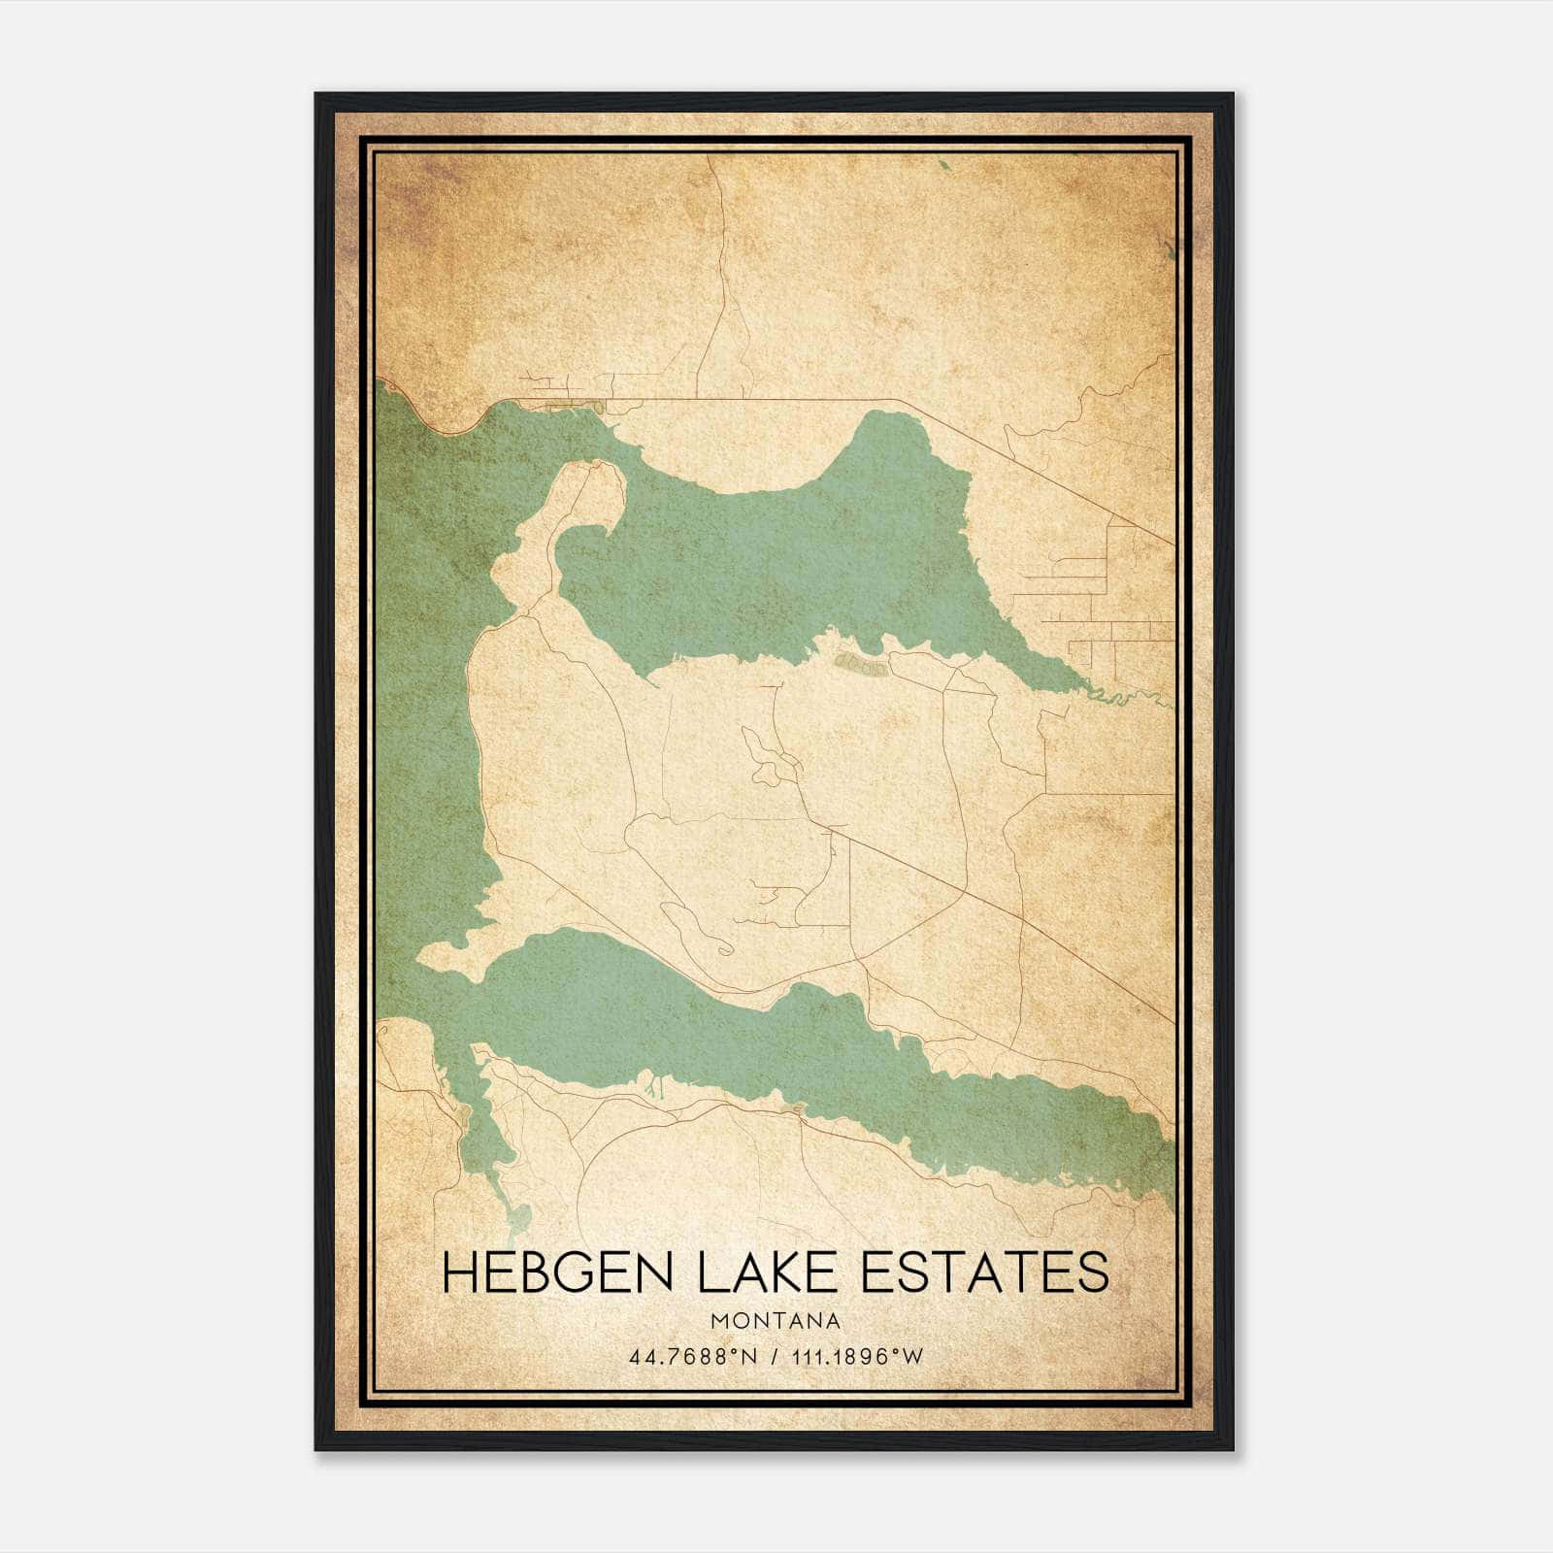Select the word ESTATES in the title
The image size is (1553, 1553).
pos(985,1272)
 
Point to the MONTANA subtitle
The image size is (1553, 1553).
pos(776,1321)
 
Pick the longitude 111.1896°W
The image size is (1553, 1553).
pos(857,1357)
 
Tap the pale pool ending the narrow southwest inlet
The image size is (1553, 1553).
pos(518,1213)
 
